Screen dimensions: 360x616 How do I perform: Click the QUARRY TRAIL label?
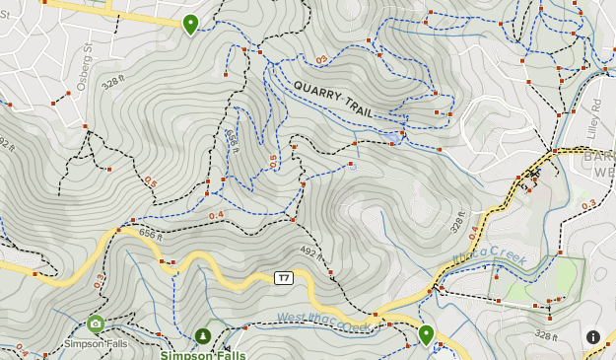(333, 100)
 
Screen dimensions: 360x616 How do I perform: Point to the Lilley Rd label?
(594, 115)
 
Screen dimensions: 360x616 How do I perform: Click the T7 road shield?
(283, 278)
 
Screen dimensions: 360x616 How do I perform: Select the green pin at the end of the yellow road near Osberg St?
(190, 24)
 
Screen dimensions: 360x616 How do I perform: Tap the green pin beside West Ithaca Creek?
(426, 334)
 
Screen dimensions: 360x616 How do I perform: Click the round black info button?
(593, 336)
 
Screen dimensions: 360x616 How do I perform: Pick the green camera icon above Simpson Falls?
(96, 324)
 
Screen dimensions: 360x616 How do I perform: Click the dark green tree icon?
(202, 336)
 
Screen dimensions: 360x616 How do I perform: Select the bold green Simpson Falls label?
(203, 354)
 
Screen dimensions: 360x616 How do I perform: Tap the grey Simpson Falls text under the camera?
(96, 343)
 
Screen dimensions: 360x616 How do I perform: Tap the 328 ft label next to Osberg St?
(114, 80)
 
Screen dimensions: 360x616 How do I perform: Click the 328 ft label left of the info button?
(546, 336)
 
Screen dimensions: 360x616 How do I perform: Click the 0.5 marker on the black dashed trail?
(150, 182)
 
